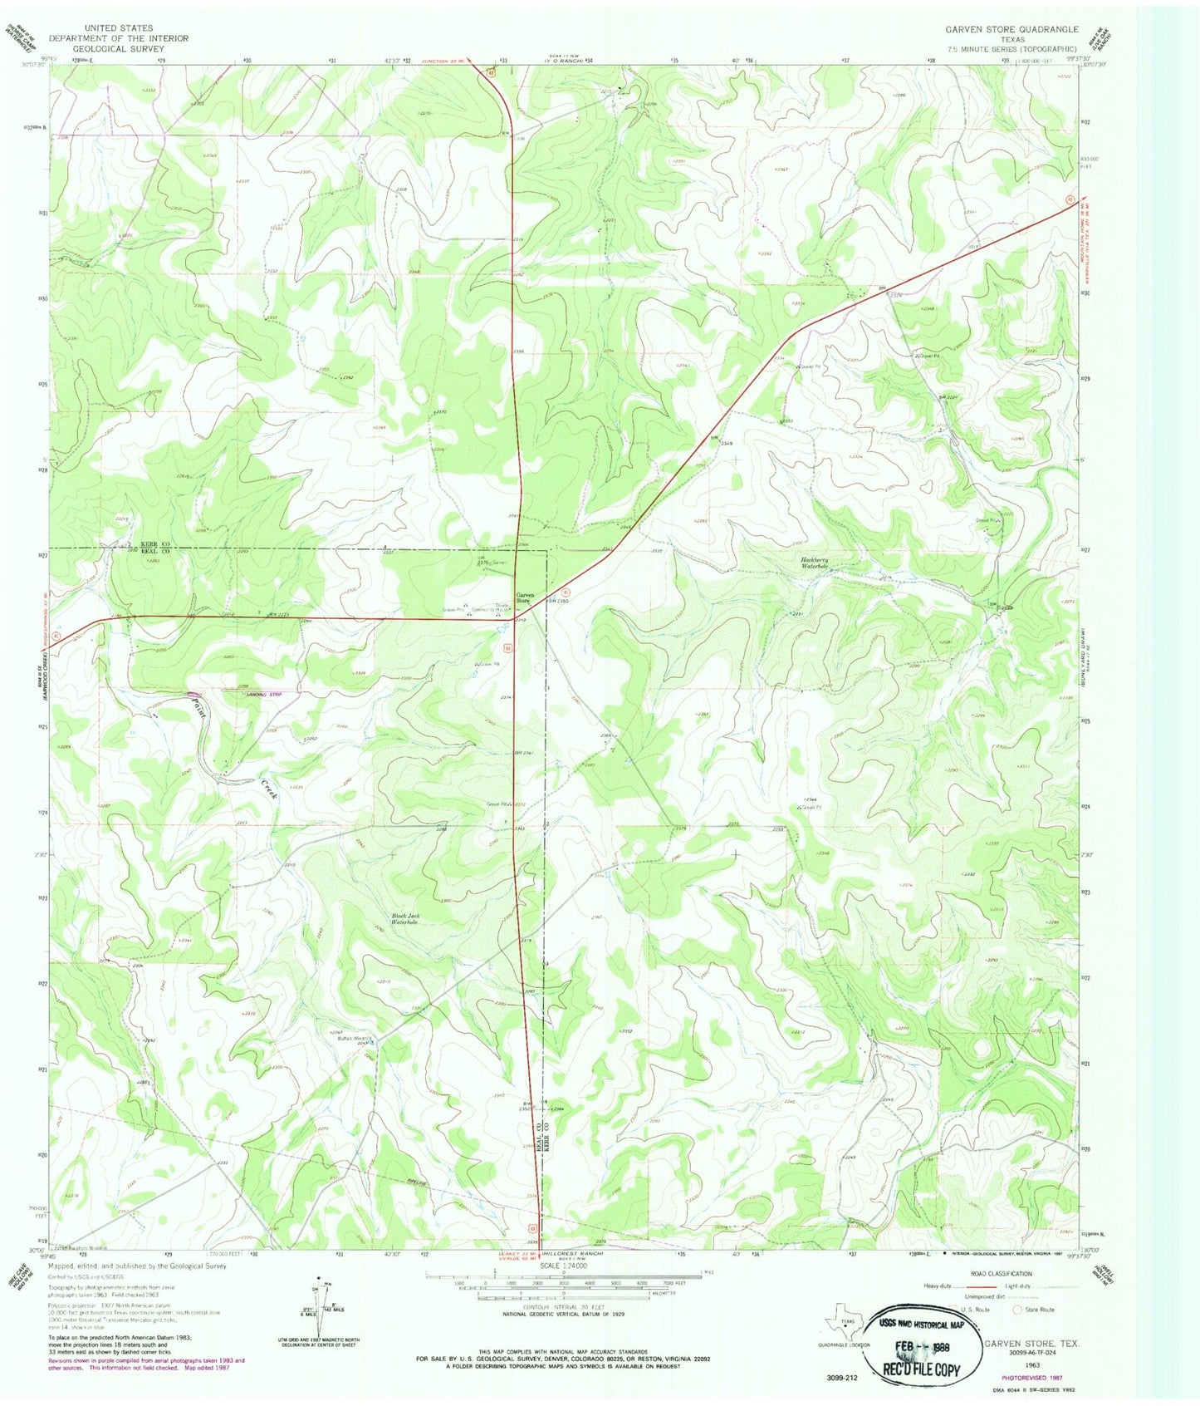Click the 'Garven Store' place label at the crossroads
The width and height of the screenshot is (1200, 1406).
tap(526, 597)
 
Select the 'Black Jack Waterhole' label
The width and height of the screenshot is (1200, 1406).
tap(405, 919)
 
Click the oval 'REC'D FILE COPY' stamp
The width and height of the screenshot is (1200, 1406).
tap(921, 1346)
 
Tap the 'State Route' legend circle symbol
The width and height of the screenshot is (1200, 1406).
tap(1017, 1309)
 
